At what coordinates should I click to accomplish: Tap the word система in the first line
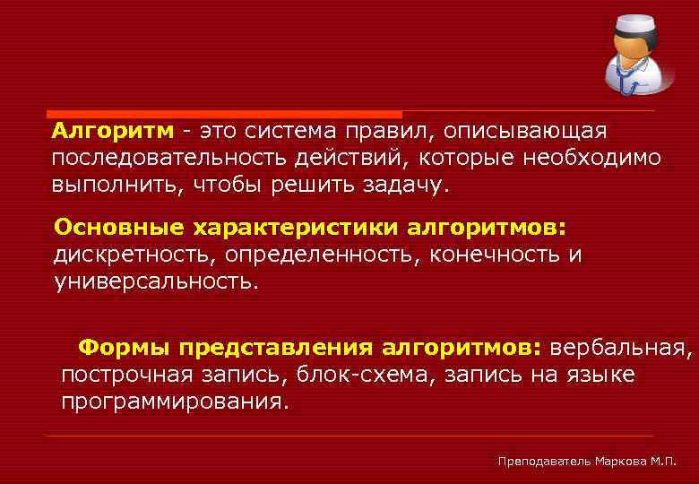click(x=296, y=132)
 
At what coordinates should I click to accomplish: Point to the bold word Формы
click(x=124, y=347)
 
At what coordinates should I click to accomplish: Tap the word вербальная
click(x=620, y=347)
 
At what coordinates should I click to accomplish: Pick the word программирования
click(x=175, y=401)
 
